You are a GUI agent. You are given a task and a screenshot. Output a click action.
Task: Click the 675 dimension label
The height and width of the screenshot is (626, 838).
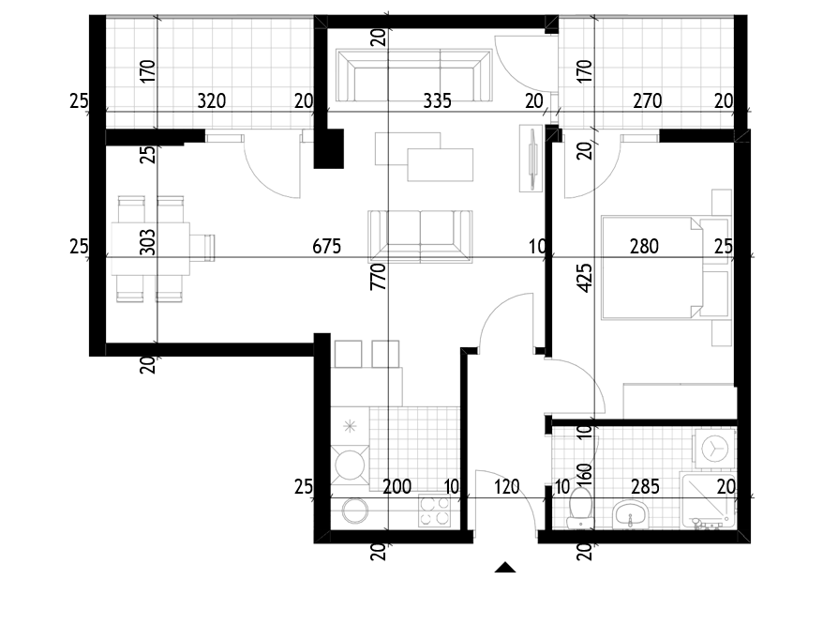coord(326,246)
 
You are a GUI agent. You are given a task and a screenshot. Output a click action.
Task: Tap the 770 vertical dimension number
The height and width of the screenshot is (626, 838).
coord(378,277)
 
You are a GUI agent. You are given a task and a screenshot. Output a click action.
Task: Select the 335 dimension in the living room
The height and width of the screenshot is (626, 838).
coord(437,100)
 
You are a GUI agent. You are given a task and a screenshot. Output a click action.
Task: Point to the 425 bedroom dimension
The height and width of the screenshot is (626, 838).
coord(585,278)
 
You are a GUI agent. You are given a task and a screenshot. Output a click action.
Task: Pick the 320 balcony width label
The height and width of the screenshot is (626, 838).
coord(212,100)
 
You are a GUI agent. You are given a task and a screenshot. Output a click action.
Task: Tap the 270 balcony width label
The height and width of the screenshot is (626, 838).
coord(647,100)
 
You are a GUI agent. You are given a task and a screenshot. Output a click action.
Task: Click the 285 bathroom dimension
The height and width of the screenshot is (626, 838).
coord(645,487)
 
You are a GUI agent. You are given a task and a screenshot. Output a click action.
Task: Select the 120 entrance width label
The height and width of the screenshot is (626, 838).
coord(506,487)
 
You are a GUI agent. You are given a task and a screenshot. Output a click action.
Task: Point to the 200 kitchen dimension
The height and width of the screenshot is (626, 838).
coord(397,487)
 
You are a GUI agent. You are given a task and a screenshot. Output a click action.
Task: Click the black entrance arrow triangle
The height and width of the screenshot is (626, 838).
coord(505,568)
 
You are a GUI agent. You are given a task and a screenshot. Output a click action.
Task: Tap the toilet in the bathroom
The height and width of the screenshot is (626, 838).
coord(580,507)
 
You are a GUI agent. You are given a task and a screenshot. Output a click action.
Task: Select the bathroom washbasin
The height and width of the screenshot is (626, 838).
coord(630,514)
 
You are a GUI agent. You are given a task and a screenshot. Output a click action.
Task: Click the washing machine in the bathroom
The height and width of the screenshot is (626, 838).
coord(714,448)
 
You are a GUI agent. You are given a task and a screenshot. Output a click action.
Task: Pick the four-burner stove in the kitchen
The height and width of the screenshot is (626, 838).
coord(434,511)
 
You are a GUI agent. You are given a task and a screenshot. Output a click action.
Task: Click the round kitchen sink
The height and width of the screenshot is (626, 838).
coord(355,511)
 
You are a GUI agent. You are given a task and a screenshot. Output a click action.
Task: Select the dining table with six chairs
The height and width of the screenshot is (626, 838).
coord(162,249)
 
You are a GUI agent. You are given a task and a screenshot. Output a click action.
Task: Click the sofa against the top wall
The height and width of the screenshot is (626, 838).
coord(413,75)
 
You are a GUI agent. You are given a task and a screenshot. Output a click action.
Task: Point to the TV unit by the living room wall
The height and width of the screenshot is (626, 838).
coord(531,158)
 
